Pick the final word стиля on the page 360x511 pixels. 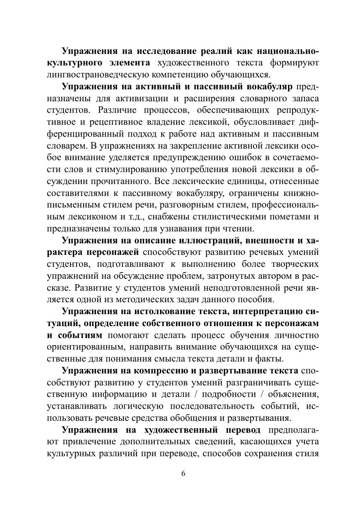pos(307,454)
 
